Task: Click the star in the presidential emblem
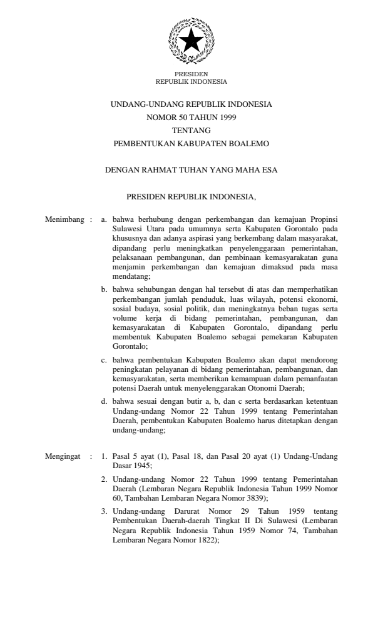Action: [191, 41]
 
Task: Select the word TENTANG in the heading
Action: [191, 130]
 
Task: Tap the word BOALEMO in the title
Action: [249, 143]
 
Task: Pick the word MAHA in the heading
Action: [242, 169]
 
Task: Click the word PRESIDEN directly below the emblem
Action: [191, 74]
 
